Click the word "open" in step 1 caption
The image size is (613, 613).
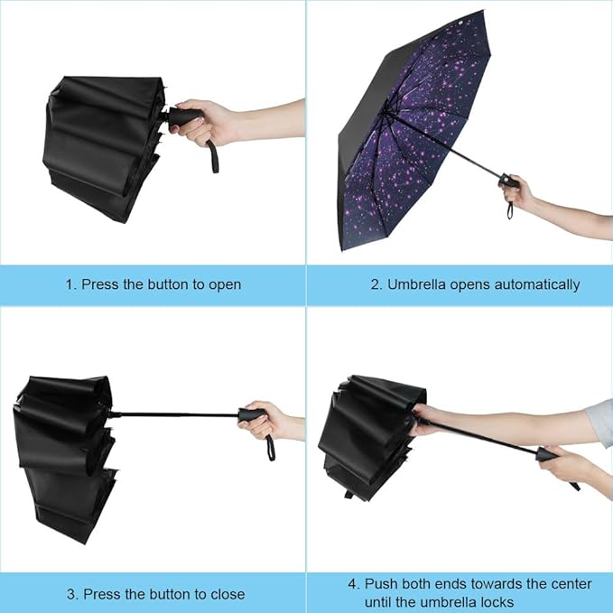(x=224, y=284)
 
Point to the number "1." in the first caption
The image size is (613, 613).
(x=70, y=284)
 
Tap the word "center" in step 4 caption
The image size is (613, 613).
(x=569, y=584)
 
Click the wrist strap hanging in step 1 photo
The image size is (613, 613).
(x=214, y=155)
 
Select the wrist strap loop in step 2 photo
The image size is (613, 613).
(x=512, y=210)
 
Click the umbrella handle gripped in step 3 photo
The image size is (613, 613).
(x=252, y=414)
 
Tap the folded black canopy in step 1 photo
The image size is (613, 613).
(x=99, y=144)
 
